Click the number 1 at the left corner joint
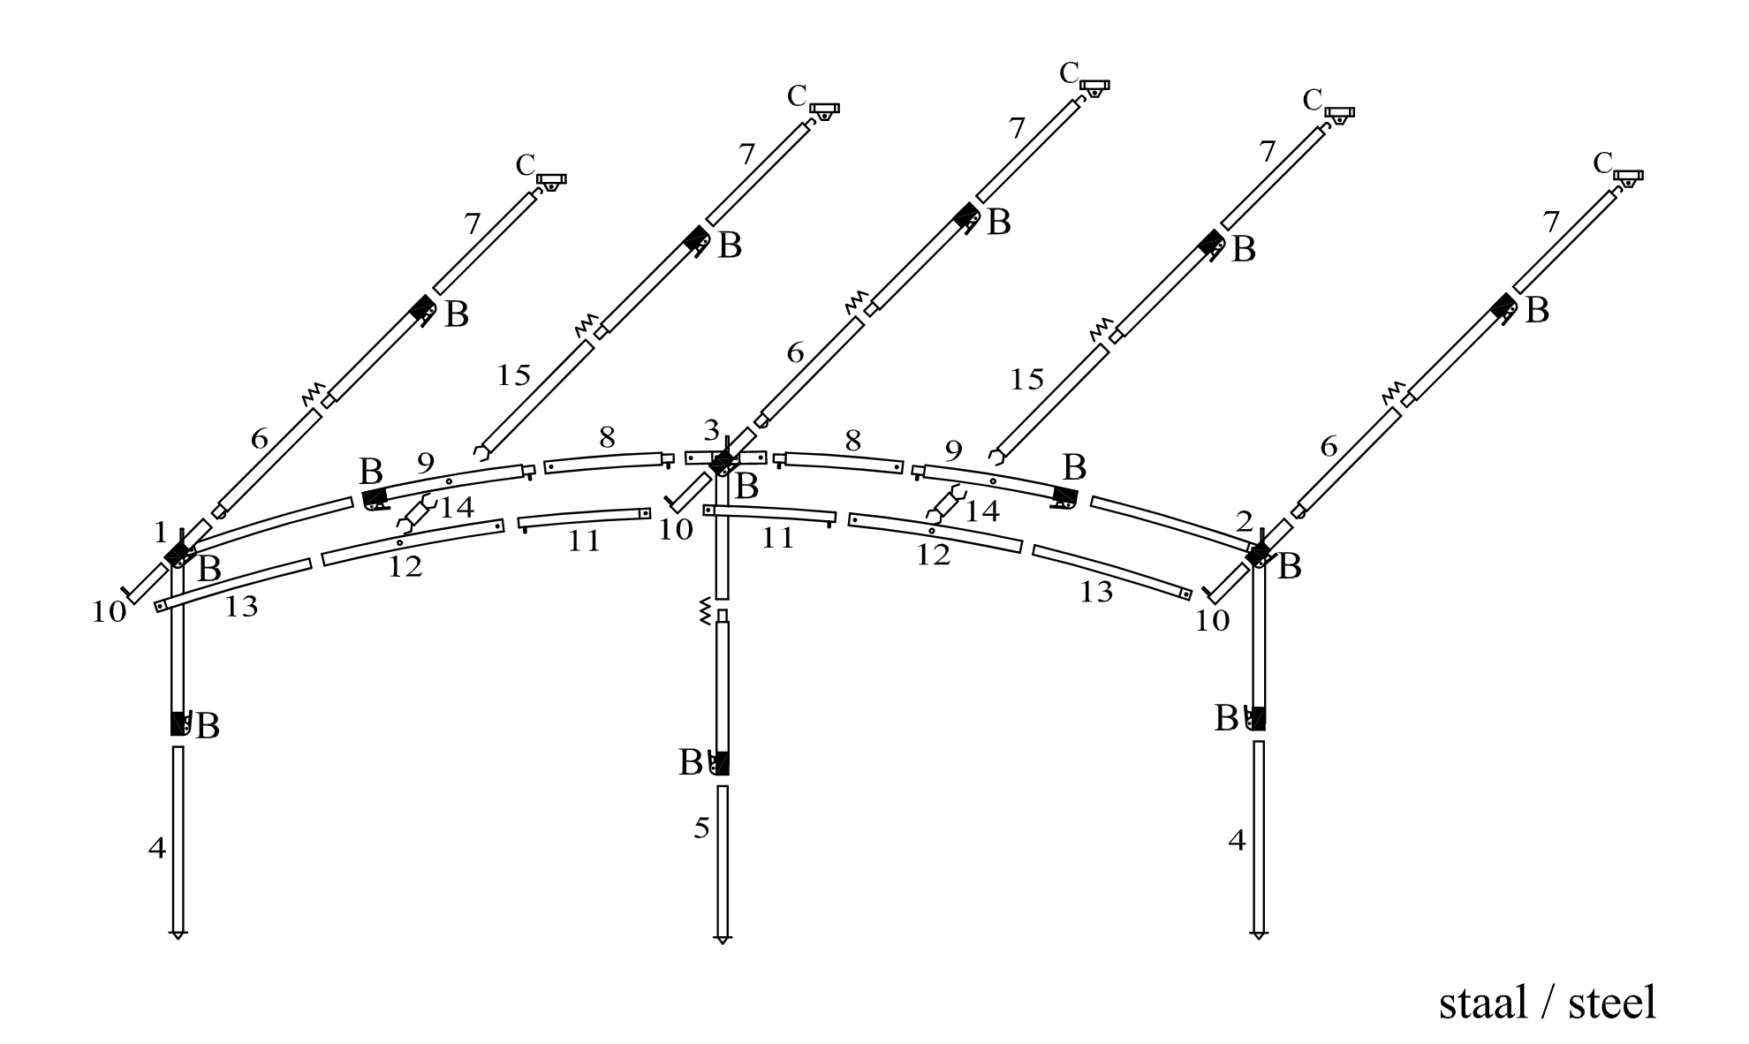click(x=160, y=532)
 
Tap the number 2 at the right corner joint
click(x=1244, y=523)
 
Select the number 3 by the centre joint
click(x=712, y=431)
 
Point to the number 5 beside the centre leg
click(x=701, y=828)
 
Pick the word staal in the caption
click(x=1484, y=1002)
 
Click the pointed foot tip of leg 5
click(x=723, y=939)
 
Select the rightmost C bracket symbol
click(x=1628, y=177)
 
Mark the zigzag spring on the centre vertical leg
click(x=705, y=611)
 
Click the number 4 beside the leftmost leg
click(x=157, y=849)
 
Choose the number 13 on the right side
click(x=1096, y=593)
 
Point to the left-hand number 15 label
click(x=513, y=375)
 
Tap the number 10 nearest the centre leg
click(x=677, y=529)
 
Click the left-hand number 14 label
click(x=457, y=508)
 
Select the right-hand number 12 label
click(x=933, y=556)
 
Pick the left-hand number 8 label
click(x=607, y=437)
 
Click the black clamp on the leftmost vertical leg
click(x=180, y=723)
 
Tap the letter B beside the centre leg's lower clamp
click(x=690, y=762)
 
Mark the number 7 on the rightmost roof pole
click(x=1551, y=223)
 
